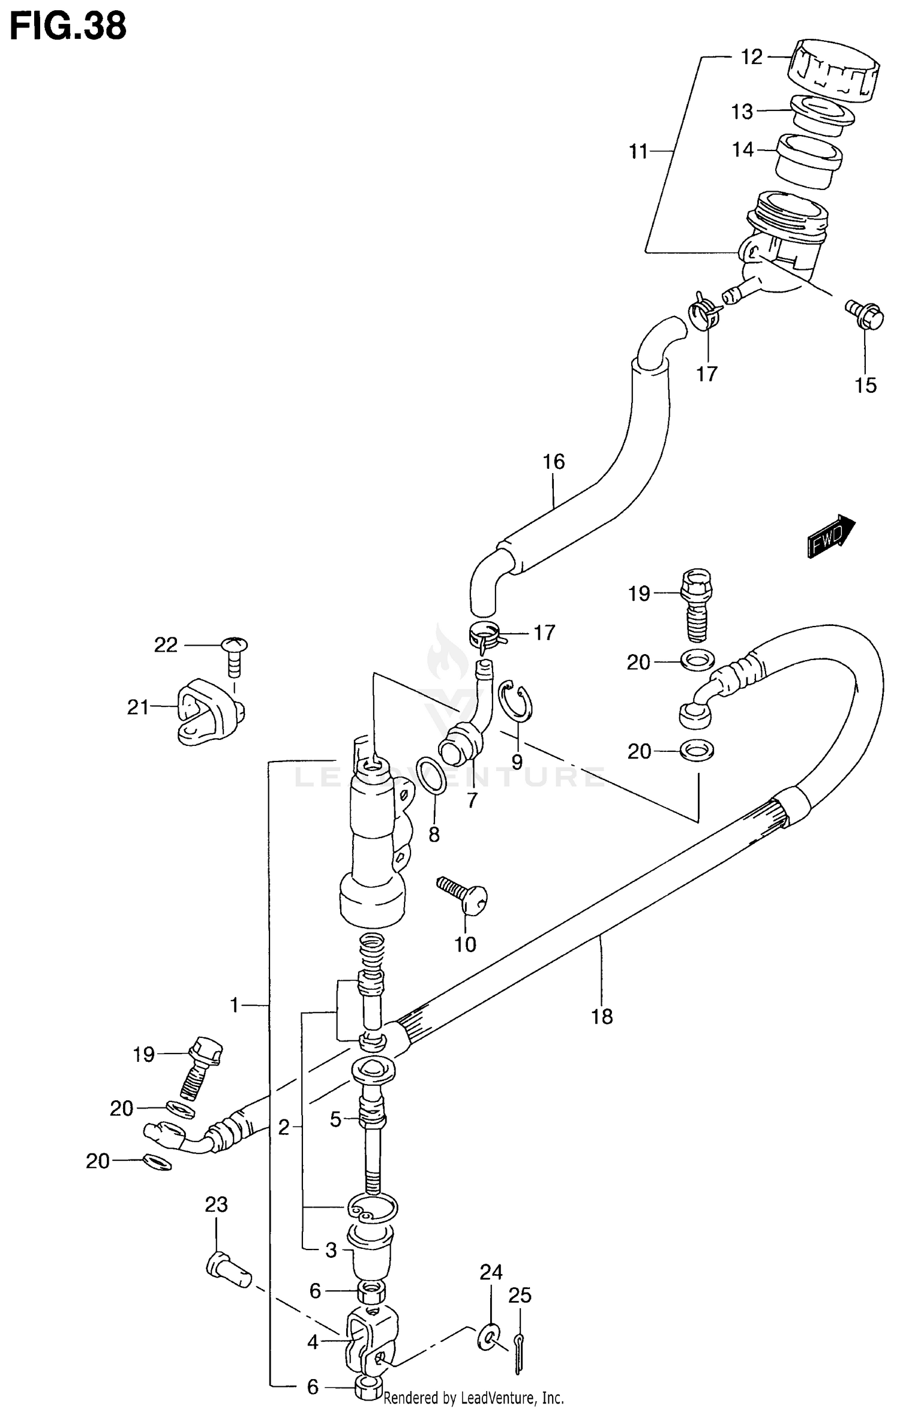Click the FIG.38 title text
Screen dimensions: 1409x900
pos(68,26)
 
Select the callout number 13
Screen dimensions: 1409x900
pos(742,112)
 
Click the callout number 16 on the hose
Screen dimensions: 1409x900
pos(553,462)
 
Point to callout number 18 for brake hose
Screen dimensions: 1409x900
pos(602,1016)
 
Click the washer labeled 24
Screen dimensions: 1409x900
pos(490,1335)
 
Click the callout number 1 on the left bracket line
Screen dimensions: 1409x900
pos(235,1004)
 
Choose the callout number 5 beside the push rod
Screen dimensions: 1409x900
pos(335,1119)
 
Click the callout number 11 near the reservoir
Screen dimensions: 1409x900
pos(638,152)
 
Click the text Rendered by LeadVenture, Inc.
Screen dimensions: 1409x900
pos(473,1398)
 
